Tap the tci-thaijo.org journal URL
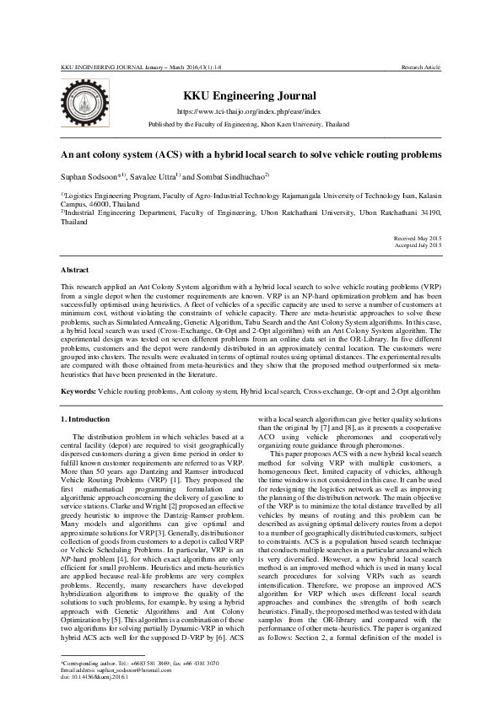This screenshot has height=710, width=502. point(248,111)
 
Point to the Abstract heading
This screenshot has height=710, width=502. point(75,269)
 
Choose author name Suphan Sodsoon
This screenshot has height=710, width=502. point(90,176)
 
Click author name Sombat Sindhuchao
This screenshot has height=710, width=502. point(232,176)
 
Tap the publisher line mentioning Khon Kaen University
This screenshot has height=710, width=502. point(248,124)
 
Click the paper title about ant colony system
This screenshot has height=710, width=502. point(251,155)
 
